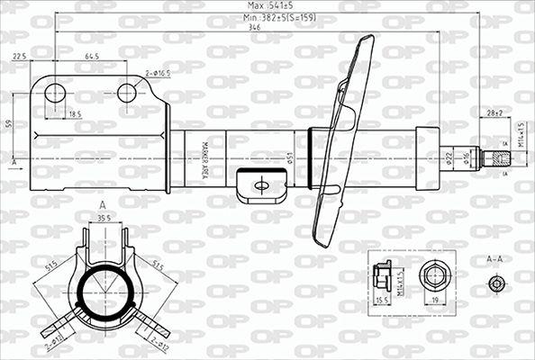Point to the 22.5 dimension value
point(19,57)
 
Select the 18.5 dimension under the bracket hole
point(74,114)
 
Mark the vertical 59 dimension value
point(8,123)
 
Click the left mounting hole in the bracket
point(55,92)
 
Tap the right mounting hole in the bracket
point(127,92)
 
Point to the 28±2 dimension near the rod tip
point(494,113)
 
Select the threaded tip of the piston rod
point(496,157)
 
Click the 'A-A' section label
point(494,259)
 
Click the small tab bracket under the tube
point(261,186)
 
